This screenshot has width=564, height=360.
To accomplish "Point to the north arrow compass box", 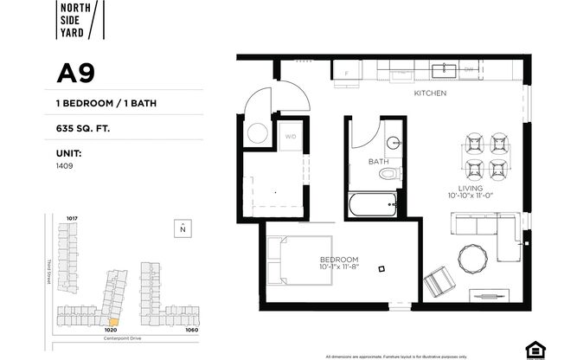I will point(182,228).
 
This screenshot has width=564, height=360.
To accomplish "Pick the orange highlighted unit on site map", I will point(112,321).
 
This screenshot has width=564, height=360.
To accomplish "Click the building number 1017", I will point(72,217).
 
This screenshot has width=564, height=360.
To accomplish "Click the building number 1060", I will point(191,329).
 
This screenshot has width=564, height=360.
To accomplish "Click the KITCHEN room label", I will point(429,93).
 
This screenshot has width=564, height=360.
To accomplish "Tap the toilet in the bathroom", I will point(388,174).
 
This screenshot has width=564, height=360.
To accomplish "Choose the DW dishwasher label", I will point(469,69).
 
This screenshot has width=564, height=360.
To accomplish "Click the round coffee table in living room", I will point(473,258).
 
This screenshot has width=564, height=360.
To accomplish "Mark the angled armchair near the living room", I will point(438,282).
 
